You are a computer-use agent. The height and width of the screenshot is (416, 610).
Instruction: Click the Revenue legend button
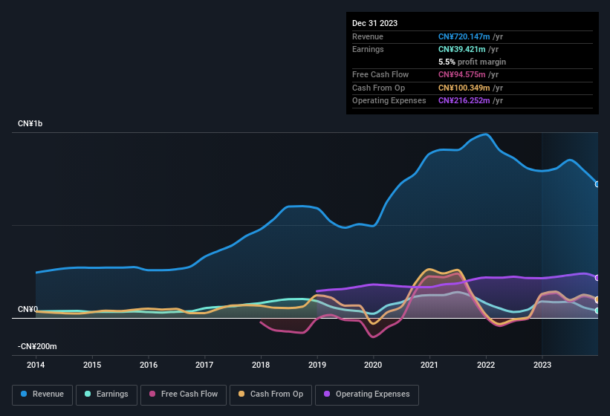43,394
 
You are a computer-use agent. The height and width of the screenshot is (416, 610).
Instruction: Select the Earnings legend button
107,394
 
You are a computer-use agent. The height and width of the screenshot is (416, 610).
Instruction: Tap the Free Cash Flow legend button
184,394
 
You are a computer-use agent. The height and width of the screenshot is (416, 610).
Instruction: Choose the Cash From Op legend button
271,394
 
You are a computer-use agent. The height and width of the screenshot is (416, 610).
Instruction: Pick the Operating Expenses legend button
367,394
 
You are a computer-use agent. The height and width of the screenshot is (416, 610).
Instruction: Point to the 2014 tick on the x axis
36,365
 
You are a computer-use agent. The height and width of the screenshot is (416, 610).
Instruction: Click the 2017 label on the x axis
204,365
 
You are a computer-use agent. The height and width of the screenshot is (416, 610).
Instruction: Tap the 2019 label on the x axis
317,365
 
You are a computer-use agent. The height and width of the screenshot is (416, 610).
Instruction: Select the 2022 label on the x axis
486,365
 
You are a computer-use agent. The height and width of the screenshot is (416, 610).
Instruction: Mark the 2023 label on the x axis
542,365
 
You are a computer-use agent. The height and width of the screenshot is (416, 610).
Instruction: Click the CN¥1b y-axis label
30,123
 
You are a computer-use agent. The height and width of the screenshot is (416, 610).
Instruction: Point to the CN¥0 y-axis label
28,309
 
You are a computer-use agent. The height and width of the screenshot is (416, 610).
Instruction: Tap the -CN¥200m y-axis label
38,346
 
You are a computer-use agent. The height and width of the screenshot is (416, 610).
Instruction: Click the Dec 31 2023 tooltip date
374,23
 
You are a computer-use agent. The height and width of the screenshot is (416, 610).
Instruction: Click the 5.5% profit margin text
472,62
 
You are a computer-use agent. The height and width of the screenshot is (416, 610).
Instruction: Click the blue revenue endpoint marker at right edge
597,184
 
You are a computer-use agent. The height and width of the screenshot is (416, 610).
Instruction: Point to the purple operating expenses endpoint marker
597,278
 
